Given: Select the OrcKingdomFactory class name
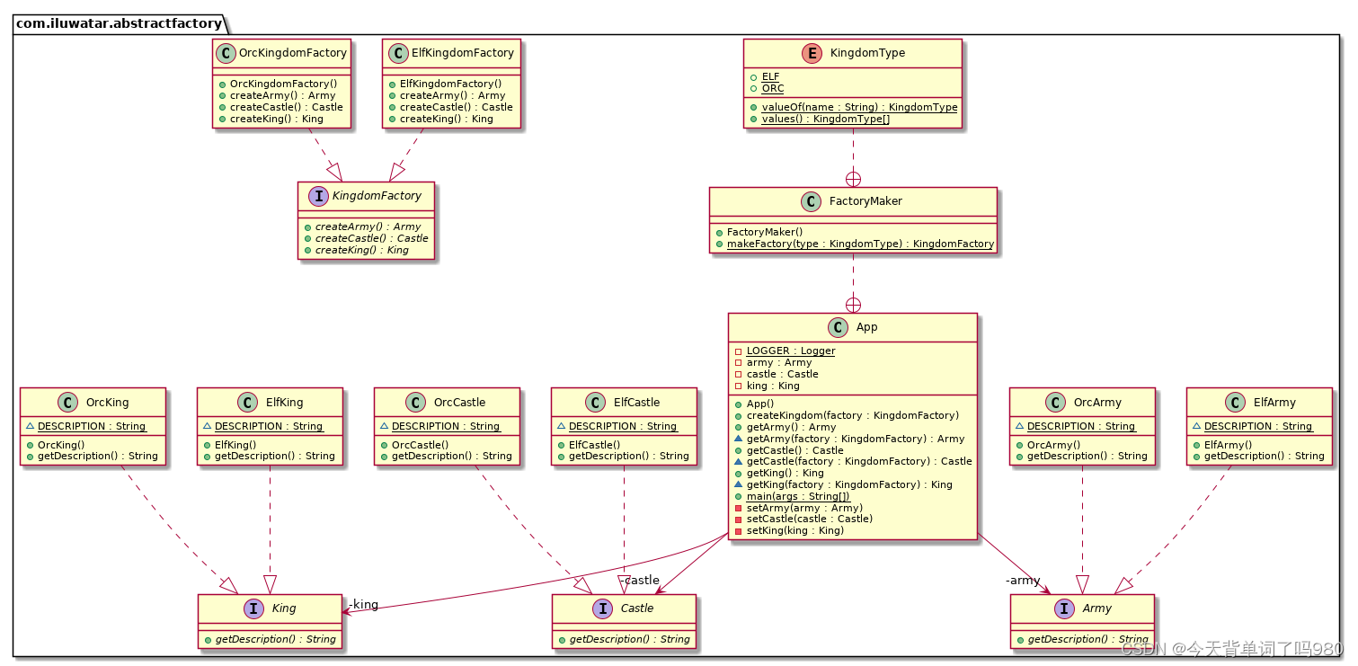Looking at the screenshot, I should coord(292,53).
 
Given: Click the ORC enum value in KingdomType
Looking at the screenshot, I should coord(772,88).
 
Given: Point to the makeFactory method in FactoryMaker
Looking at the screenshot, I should coord(860,244).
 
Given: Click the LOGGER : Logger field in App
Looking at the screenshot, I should coord(790,351).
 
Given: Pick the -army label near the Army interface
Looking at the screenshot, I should coord(1023,580).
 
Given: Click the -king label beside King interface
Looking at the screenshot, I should coord(363,604).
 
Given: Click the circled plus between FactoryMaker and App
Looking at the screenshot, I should coord(853,305).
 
